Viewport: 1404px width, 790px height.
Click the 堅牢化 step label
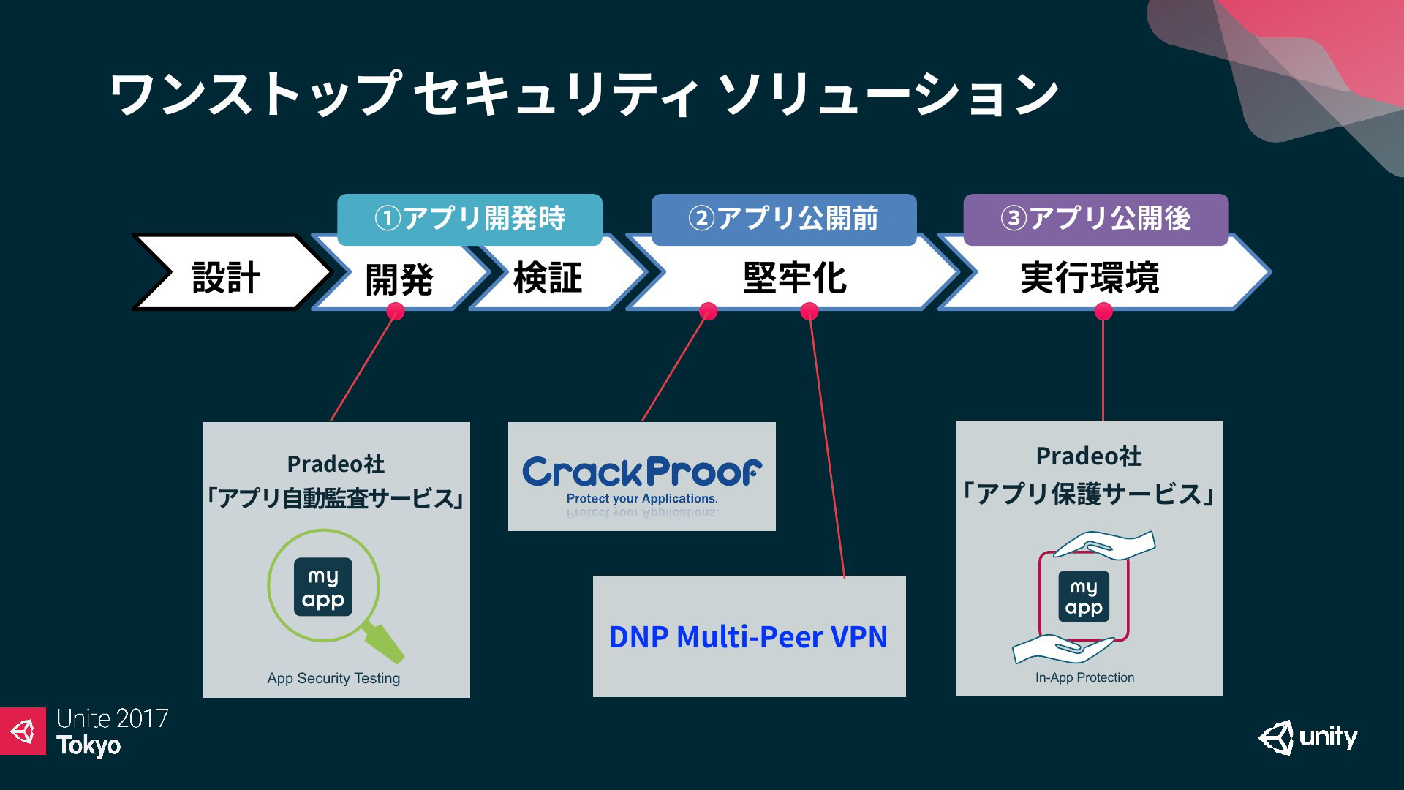[794, 278]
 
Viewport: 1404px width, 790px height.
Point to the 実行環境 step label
[1090, 278]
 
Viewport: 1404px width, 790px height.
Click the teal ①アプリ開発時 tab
[469, 219]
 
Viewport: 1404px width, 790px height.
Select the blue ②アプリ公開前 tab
[784, 219]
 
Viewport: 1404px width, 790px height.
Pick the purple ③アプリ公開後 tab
[1095, 219]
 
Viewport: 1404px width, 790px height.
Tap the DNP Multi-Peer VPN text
[748, 636]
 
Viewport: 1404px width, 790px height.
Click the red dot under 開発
[396, 312]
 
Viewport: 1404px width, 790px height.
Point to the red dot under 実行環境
[1103, 312]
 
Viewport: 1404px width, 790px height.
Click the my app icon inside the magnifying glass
[323, 587]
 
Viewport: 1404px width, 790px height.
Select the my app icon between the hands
[1084, 596]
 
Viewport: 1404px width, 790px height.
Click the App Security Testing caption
[333, 678]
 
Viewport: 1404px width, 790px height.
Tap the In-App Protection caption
[1084, 677]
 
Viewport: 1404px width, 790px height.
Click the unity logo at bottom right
[1307, 737]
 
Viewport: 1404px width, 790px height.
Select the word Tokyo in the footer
[88, 745]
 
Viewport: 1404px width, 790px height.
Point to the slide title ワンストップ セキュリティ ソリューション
[584, 94]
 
